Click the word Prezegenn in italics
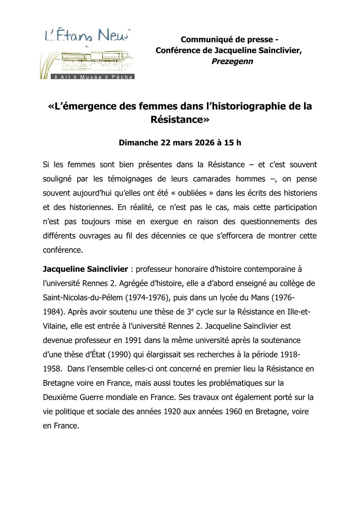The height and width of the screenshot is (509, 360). click(x=232, y=61)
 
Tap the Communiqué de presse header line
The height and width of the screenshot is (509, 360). click(x=229, y=40)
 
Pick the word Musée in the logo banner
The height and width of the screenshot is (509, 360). click(x=91, y=77)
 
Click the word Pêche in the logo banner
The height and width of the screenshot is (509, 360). click(x=122, y=77)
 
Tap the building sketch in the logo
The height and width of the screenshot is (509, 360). click(x=96, y=60)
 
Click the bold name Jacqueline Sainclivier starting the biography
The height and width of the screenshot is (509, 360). click(x=86, y=269)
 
